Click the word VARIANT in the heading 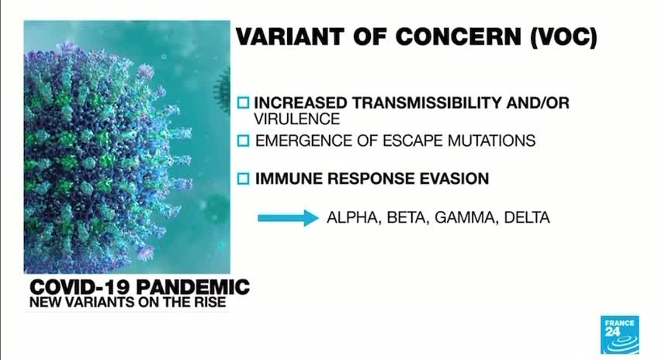[x=290, y=36]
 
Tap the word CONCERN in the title [x=458, y=36]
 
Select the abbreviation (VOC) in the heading [x=563, y=37]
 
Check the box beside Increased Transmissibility [x=244, y=102]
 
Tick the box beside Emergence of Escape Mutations [x=244, y=140]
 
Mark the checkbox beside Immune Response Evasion [x=244, y=178]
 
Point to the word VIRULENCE [x=296, y=119]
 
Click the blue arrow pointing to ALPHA [x=288, y=218]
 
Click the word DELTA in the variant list [x=527, y=217]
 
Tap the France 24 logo [x=620, y=335]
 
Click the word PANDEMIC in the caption [x=193, y=287]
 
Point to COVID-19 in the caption [x=81, y=287]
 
